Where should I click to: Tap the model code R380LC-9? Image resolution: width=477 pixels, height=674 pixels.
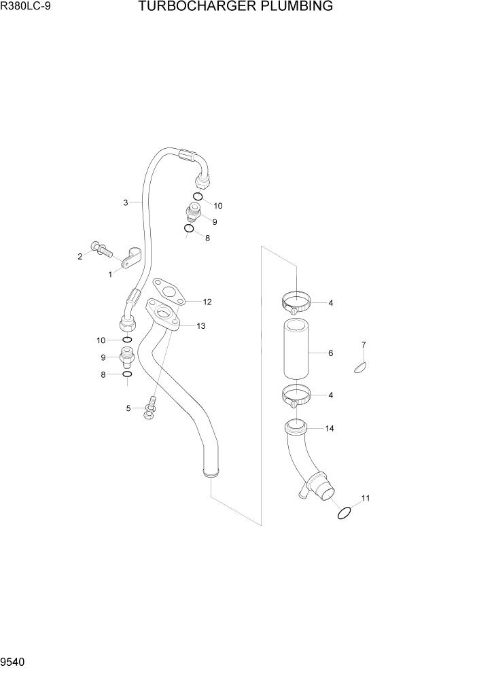coord(24,7)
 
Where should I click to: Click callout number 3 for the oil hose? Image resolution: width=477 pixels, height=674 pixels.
coord(126,202)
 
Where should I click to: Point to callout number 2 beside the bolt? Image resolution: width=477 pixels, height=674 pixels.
coord(80,256)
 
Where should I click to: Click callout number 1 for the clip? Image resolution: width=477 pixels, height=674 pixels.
coord(109,274)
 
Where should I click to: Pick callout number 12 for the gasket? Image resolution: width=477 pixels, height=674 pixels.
coord(207,302)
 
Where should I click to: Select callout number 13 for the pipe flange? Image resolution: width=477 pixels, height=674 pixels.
coord(200,326)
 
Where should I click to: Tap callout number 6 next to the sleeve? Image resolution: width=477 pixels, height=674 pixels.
coord(330,353)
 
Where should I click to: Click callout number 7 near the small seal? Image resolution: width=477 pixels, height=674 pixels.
coord(364,344)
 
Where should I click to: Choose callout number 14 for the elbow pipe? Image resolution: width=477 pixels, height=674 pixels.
coord(330,429)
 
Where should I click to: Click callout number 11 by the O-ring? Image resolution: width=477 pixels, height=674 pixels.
coord(366,499)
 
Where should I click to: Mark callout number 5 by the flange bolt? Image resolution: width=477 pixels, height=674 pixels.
coord(128,408)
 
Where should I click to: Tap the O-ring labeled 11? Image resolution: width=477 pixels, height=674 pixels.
coord(344,513)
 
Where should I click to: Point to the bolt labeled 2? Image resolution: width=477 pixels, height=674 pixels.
coord(99,249)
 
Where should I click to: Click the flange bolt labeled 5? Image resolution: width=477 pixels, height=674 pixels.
coord(152,406)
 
